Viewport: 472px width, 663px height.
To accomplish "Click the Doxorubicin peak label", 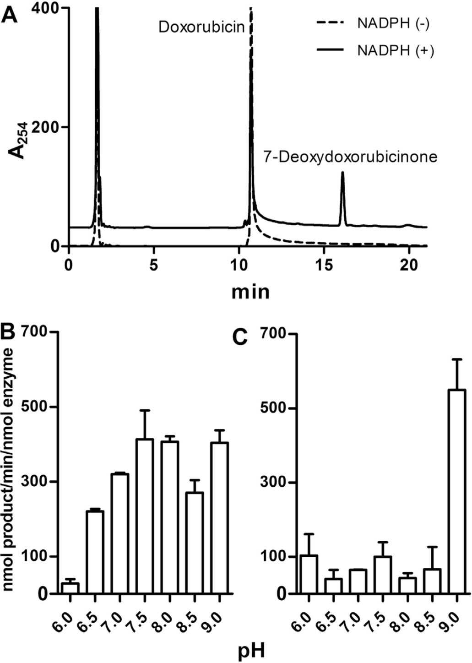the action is pyautogui.click(x=202, y=27).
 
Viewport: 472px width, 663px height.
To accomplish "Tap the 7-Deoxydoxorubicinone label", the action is pyautogui.click(x=350, y=157).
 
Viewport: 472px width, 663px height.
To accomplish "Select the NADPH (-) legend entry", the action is pyautogui.click(x=373, y=24).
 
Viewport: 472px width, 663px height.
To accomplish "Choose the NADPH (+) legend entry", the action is pyautogui.click(x=375, y=51).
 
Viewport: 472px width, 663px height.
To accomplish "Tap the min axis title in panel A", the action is pyautogui.click(x=250, y=292).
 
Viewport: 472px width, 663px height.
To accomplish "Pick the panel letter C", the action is pyautogui.click(x=240, y=338).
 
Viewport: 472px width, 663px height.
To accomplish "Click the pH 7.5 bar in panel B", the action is pyautogui.click(x=145, y=516).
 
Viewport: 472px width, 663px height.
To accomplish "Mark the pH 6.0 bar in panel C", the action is pyautogui.click(x=309, y=574).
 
